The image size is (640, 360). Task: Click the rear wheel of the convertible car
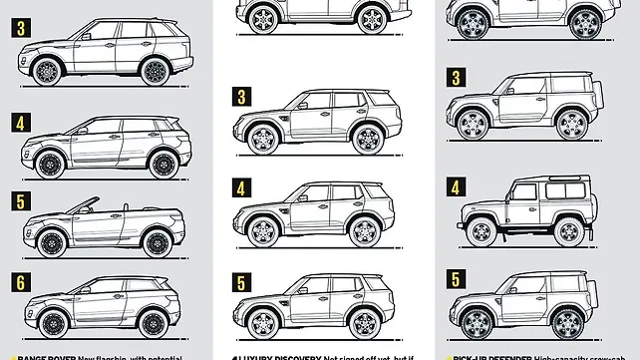(x=155, y=242)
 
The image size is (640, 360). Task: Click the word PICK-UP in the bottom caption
(x=475, y=356)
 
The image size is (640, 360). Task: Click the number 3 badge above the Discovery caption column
(x=242, y=97)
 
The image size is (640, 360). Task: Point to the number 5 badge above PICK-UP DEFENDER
(x=457, y=277)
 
